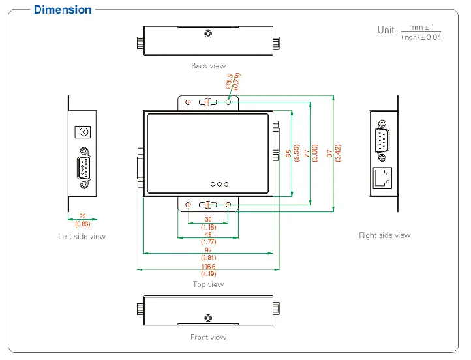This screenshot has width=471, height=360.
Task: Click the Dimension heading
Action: [63, 10]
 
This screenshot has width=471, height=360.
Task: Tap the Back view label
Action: [208, 66]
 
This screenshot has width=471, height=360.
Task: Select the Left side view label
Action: [82, 237]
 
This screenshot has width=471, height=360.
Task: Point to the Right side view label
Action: [384, 235]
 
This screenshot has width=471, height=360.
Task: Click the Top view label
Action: [208, 284]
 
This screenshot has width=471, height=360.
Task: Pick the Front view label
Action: [208, 337]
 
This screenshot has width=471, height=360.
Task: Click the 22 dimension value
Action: [82, 216]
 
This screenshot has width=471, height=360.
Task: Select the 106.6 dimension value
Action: [208, 267]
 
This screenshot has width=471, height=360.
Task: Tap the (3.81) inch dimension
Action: [208, 258]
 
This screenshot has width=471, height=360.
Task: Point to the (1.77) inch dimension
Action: [208, 241]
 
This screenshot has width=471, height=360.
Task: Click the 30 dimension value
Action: [208, 219]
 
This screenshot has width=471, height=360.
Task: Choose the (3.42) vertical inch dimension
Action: [338, 154]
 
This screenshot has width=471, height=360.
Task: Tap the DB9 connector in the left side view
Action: [84, 168]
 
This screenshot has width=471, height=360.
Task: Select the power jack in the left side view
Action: [84, 132]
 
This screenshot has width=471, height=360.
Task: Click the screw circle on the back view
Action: [208, 34]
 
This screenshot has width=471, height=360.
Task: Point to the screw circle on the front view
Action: [208, 318]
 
